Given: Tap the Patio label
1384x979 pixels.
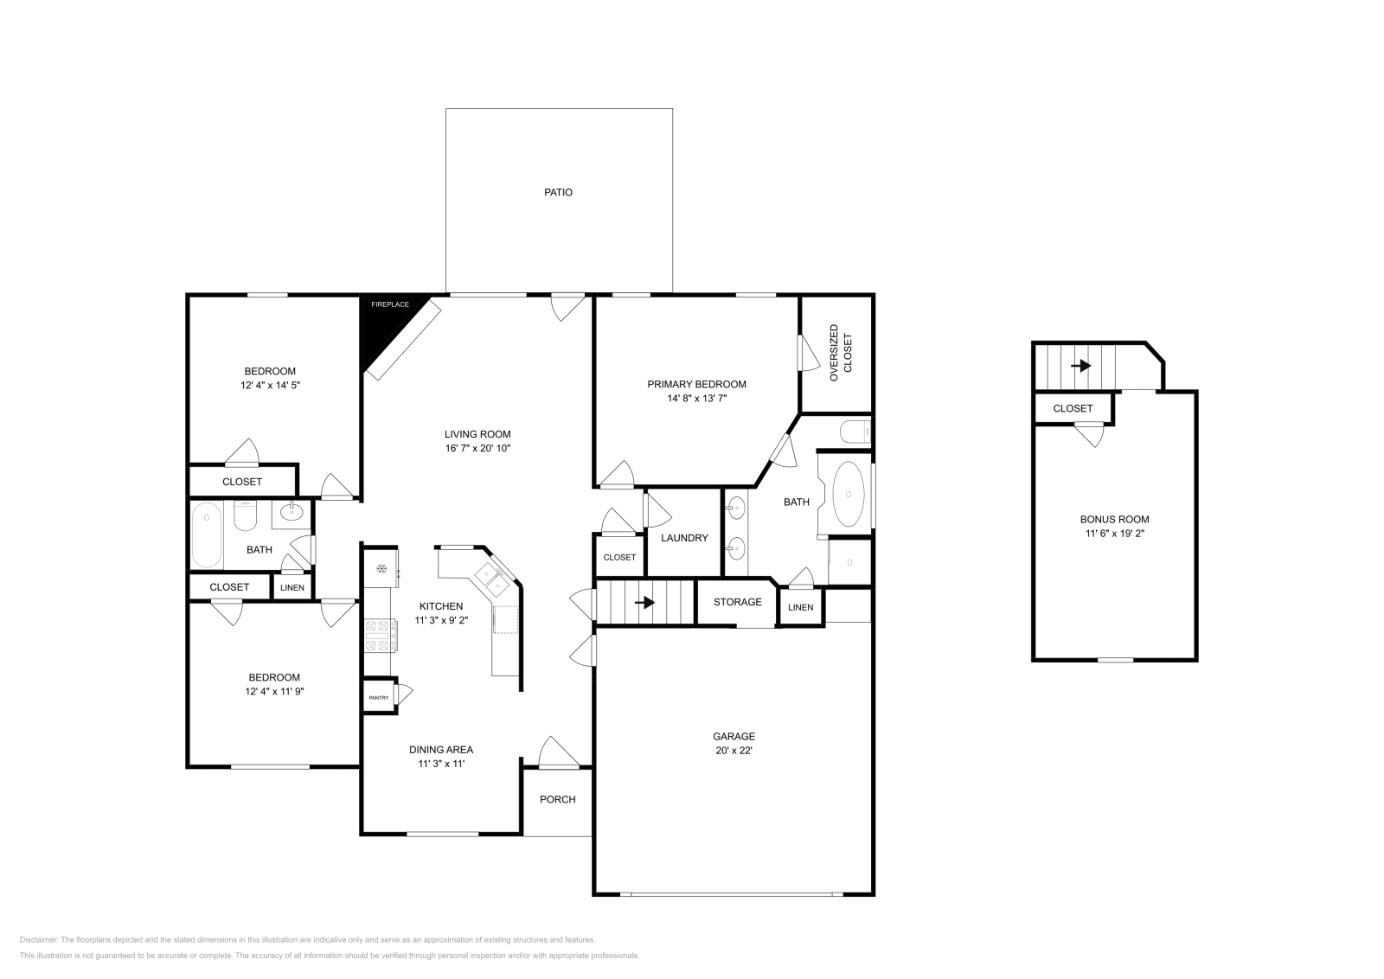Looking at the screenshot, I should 558,192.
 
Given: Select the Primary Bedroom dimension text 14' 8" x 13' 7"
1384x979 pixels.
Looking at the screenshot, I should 696,399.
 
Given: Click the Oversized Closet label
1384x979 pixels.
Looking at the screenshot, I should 840,353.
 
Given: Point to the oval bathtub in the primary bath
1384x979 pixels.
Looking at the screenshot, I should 848,494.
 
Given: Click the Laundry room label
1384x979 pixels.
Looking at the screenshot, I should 684,538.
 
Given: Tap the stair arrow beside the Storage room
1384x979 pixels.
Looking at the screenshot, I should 645,602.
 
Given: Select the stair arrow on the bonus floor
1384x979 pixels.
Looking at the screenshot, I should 1080,366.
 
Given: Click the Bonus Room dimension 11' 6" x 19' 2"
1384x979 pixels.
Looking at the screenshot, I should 1114,534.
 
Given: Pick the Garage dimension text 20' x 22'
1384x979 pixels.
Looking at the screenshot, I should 734,750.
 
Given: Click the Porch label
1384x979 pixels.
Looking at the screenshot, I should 557,799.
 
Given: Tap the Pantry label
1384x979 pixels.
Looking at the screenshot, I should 379,697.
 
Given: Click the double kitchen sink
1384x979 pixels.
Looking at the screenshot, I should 490,579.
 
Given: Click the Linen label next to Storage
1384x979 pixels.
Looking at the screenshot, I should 800,607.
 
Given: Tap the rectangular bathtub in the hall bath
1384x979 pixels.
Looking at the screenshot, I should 207,534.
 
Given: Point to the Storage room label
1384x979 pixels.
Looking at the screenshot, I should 737,602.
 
